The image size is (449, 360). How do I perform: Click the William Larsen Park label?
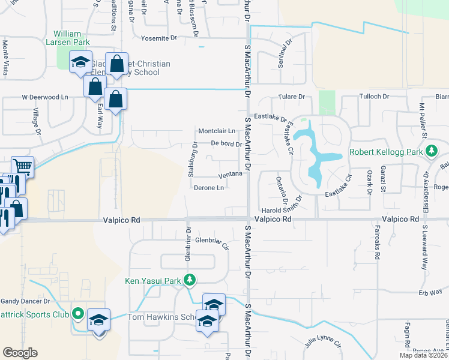71,38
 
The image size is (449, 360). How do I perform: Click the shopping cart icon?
22,166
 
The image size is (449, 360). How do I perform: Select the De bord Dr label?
226,144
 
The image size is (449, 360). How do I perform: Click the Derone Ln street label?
209,188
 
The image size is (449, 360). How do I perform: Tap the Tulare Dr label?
291,97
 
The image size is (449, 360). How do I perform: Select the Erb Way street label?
427,293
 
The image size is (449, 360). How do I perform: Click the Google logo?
20,353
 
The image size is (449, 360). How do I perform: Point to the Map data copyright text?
424,355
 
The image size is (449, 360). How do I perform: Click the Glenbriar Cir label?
213,241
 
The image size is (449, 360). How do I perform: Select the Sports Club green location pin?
77,313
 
